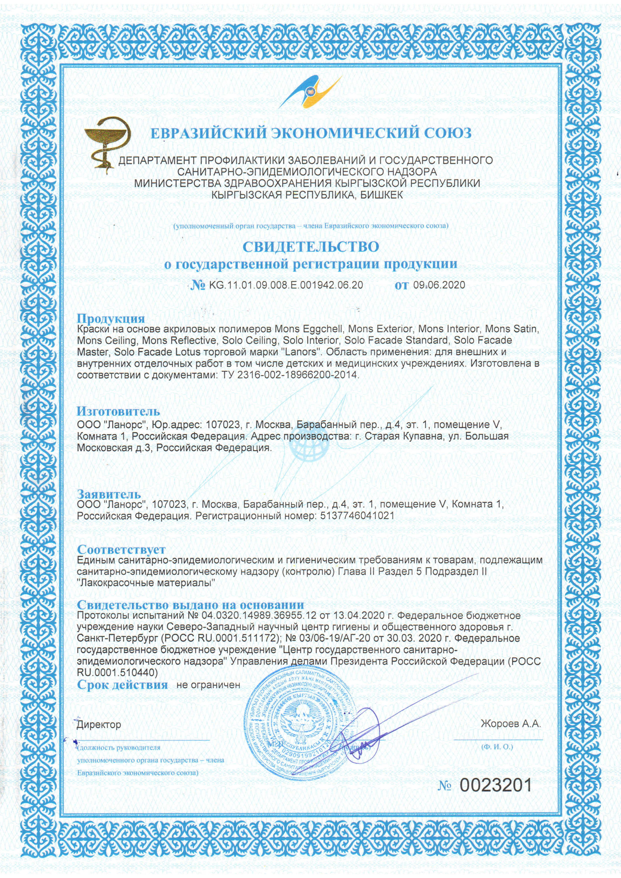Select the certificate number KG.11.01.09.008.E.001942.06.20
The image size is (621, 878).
(x=286, y=285)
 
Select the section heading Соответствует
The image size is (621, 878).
(x=121, y=550)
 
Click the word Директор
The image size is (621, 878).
(x=99, y=724)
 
